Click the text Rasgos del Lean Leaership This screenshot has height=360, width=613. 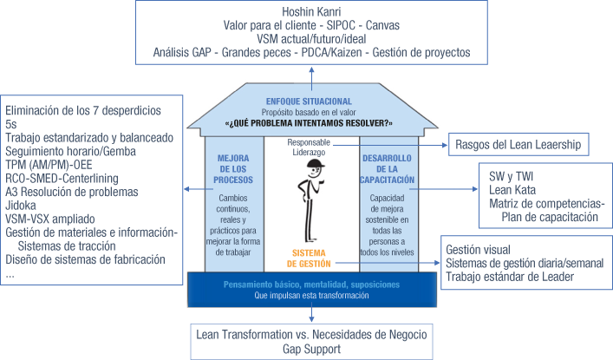click(x=518, y=144)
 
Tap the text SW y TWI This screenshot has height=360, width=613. click(x=512, y=176)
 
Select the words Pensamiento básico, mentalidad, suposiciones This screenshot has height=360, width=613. click(x=310, y=284)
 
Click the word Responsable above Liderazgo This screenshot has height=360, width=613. click(x=310, y=141)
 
